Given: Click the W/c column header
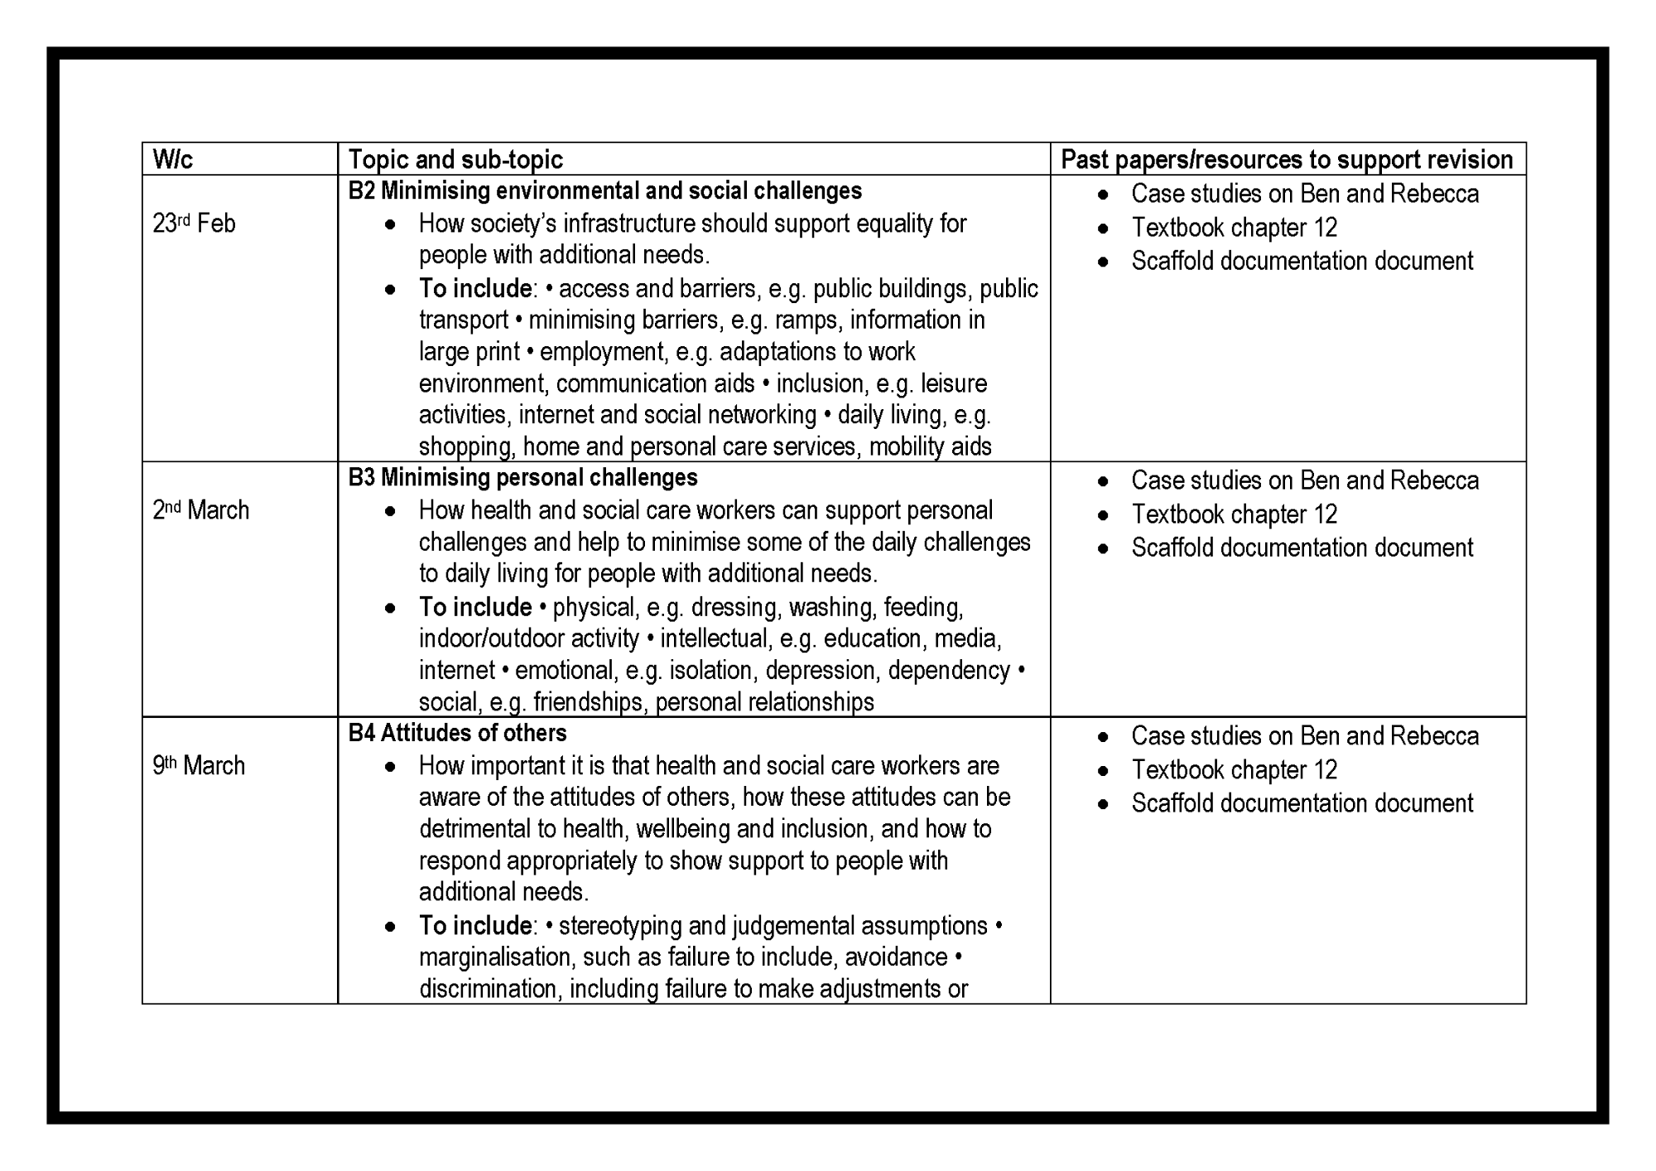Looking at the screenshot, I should click(x=172, y=159).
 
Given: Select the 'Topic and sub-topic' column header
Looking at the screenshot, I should click(x=455, y=159).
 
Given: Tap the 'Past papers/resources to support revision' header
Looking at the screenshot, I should click(x=1287, y=159).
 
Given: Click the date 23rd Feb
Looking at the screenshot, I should click(x=194, y=224).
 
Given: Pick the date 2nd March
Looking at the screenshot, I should click(x=200, y=510).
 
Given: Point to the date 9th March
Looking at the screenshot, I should click(x=199, y=765).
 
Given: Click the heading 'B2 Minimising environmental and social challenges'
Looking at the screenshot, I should click(x=604, y=191).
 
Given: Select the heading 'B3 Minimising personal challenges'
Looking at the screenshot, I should click(x=522, y=478).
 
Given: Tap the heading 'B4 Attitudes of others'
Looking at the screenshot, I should click(x=457, y=733).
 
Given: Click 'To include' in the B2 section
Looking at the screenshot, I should click(x=475, y=288).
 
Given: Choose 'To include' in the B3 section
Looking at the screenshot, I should click(x=475, y=607).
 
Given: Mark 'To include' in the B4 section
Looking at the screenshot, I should click(x=475, y=925).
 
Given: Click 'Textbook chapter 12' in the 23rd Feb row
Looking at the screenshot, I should click(x=1234, y=228).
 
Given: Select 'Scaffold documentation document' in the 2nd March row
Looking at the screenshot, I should click(x=1302, y=547).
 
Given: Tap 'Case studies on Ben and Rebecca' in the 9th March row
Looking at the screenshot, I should click(x=1305, y=736).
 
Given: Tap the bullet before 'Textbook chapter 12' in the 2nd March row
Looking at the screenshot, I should click(x=1103, y=515).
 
